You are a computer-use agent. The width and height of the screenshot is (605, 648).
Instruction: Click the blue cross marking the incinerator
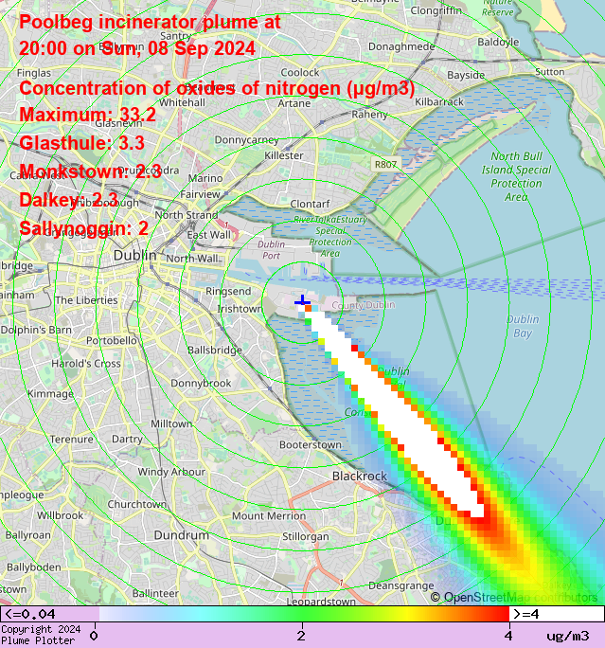tap(303, 302)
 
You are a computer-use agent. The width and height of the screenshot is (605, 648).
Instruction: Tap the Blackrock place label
tap(360, 476)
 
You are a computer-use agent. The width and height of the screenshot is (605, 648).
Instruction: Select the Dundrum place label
tap(181, 535)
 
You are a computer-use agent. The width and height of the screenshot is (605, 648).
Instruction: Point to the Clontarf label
tap(310, 204)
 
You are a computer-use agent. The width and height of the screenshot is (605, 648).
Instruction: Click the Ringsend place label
tap(228, 291)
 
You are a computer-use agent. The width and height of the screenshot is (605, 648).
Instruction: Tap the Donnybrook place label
tap(201, 384)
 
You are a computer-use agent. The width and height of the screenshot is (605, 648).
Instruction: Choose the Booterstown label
tap(311, 444)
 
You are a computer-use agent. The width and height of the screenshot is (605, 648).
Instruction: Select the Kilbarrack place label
tap(438, 100)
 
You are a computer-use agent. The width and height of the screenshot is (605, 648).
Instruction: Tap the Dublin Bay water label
tap(522, 326)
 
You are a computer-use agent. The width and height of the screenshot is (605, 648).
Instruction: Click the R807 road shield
tap(385, 164)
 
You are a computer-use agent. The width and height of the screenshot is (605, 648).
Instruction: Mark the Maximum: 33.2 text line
tap(88, 116)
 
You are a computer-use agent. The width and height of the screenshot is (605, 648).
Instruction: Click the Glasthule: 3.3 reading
tap(81, 144)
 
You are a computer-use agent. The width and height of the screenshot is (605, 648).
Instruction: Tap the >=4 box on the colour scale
tap(556, 614)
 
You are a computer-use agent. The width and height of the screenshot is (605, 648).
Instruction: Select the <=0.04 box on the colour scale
tap(50, 614)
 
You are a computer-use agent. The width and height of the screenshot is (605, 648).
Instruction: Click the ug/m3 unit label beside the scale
tap(568, 635)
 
